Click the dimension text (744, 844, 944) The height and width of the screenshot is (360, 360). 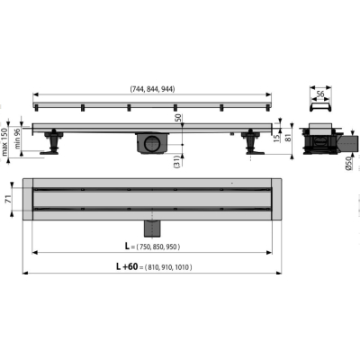point(152,89)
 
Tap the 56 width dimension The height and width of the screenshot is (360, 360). point(320,94)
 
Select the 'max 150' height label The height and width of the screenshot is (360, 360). point(4,141)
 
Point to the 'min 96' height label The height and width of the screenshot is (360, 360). point(17,139)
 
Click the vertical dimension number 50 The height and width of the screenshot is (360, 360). point(178,118)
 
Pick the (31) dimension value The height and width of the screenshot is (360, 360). point(177,161)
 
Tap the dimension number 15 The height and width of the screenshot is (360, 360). point(276,139)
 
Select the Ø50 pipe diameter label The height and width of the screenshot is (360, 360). point(348,164)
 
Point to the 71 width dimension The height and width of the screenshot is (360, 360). point(9,199)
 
